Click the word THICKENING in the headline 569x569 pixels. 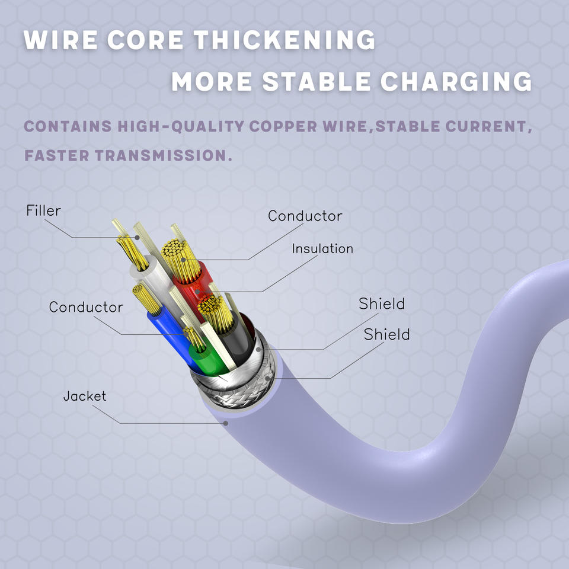tap(284, 40)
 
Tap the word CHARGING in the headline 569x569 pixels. tap(456, 82)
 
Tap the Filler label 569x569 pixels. tap(43, 210)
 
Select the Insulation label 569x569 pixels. tap(322, 249)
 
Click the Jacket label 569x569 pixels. tap(85, 396)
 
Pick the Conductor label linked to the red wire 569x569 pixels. tap(305, 216)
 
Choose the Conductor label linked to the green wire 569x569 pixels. tap(86, 307)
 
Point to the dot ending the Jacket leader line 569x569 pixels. tap(226, 423)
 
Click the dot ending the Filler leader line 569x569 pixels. tap(137, 237)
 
